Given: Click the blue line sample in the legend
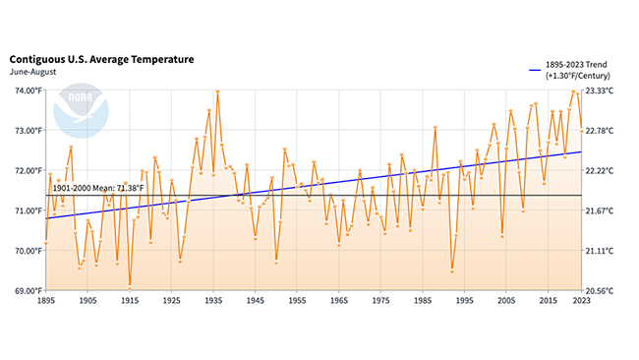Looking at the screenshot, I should [535, 70].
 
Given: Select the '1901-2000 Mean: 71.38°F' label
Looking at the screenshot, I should [99, 188].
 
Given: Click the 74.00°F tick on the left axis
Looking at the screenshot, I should [26, 90].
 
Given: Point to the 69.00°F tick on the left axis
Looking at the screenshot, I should [26, 291].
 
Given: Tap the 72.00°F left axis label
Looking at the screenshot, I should [26, 170].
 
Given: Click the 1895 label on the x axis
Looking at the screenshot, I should [45, 301].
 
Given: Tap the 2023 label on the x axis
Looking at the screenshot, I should [582, 301].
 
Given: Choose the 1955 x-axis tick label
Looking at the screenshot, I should [297, 301].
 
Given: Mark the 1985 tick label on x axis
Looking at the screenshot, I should [423, 301].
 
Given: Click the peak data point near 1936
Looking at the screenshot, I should [217, 91].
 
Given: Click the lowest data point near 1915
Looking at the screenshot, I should [130, 287].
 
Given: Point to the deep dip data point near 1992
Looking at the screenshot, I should [452, 270].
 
